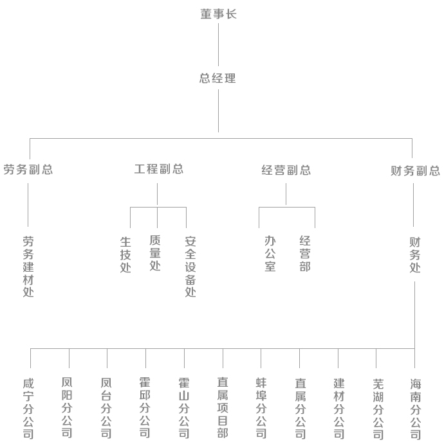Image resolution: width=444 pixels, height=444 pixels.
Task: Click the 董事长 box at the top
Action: click(218, 14)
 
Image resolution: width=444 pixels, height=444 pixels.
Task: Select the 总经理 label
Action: click(217, 78)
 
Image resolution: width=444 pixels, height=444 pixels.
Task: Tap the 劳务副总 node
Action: click(28, 170)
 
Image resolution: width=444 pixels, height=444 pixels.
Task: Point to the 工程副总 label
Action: click(159, 169)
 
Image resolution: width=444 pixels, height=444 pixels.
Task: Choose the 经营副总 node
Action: click(286, 170)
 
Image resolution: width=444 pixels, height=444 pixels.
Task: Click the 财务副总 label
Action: click(415, 171)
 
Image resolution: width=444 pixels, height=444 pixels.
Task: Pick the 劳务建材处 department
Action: click(28, 267)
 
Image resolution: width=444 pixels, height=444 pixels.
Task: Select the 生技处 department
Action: click(125, 254)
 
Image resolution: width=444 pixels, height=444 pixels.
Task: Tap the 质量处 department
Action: click(155, 253)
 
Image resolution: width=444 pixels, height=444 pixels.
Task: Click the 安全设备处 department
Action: click(190, 267)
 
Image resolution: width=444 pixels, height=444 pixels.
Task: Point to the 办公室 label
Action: click(270, 254)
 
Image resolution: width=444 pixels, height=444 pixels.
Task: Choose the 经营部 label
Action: click(305, 254)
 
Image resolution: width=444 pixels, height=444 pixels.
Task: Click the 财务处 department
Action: click(415, 255)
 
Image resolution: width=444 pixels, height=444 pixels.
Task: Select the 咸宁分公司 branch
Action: click(28, 409)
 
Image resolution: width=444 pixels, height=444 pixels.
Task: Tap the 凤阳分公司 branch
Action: click(67, 407)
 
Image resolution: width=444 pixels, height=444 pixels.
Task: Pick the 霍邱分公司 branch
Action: click(145, 407)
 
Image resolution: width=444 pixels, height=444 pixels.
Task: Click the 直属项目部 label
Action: click(223, 407)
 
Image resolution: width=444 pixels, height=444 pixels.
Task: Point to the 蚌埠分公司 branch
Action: click(261, 408)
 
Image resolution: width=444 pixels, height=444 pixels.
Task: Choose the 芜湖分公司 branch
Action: click(378, 409)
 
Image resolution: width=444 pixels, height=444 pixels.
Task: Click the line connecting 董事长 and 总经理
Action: click(218, 44)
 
